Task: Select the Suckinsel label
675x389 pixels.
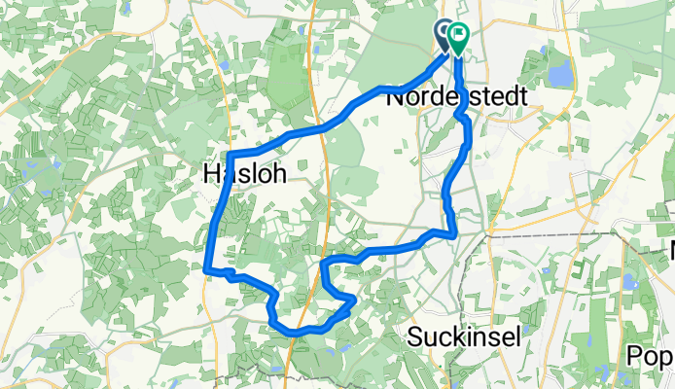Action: (463, 336)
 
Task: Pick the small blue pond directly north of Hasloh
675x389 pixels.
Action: (225, 66)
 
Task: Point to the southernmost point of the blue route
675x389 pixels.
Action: (292, 333)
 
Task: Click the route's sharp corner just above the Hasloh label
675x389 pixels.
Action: (230, 155)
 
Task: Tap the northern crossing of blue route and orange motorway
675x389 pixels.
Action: (318, 127)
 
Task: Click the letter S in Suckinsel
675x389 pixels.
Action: (411, 336)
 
